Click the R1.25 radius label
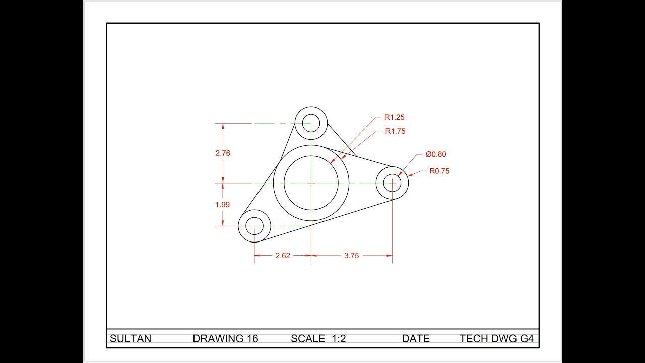point(394,117)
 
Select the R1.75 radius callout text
point(395,131)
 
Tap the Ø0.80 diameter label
point(435,154)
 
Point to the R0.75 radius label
point(439,171)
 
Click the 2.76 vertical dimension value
point(223,153)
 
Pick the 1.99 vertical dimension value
point(223,204)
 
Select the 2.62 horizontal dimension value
point(283,256)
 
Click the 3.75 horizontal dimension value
point(351,256)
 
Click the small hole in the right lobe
point(392,183)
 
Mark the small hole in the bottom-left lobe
point(254,226)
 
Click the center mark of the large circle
point(311,183)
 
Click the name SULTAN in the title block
point(130,339)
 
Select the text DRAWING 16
point(225,339)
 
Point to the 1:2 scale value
point(339,339)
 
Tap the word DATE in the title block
point(416,339)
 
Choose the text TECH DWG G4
point(496,339)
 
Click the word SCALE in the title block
point(308,339)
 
